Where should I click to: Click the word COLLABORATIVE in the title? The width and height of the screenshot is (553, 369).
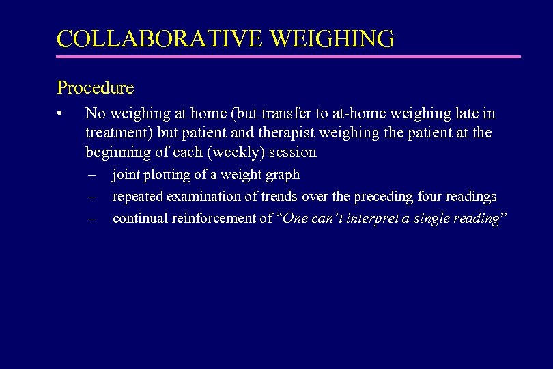[x=160, y=38]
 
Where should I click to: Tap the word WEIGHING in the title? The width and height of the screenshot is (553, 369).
[x=332, y=38]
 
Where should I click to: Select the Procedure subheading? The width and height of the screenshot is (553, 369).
[x=95, y=88]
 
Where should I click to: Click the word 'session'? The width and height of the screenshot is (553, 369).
[x=292, y=152]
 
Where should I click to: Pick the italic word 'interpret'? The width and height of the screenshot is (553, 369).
[x=368, y=219]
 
